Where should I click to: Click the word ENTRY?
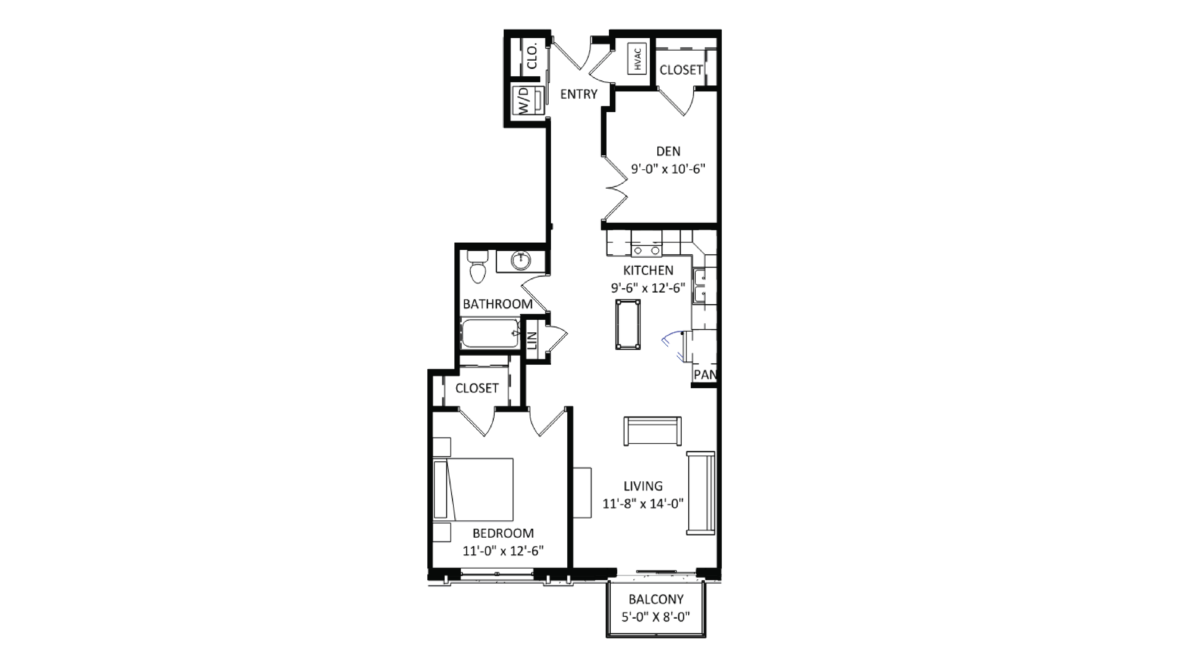579,94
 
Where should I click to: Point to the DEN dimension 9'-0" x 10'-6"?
668,169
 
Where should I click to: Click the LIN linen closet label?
532,341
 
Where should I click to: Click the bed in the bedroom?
473,490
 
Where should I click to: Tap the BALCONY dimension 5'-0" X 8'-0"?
655,617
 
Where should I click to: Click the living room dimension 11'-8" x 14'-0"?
643,504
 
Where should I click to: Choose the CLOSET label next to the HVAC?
681,70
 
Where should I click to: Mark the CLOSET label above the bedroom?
476,388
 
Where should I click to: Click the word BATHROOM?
497,304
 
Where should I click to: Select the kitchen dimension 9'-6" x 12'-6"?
648,288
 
